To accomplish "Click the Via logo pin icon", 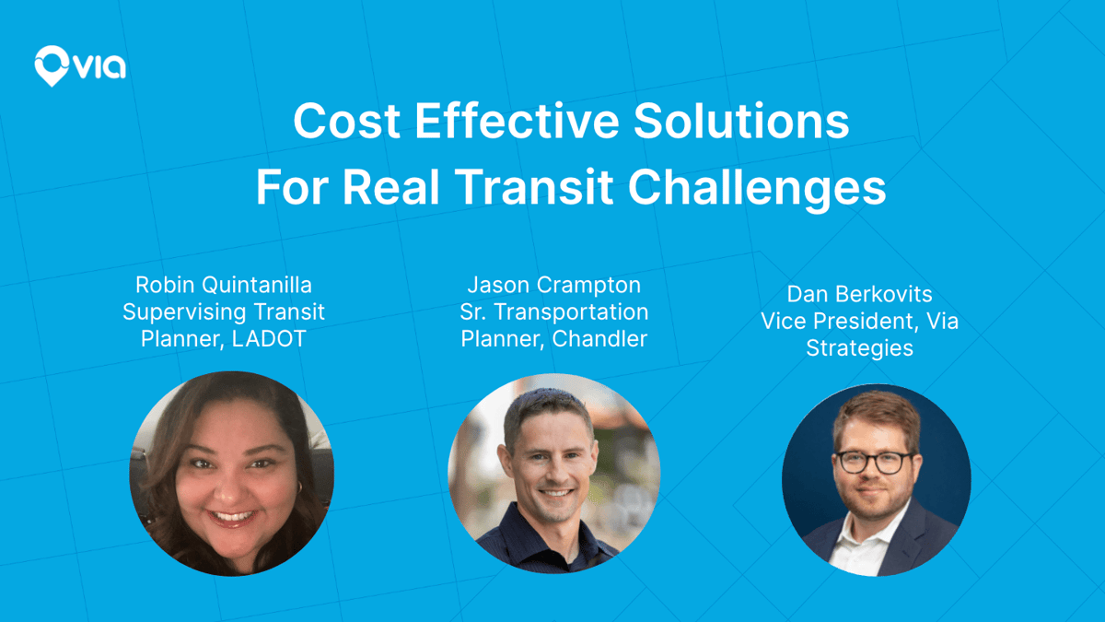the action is point(52,65).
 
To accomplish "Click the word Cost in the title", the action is point(346,121).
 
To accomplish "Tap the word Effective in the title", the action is point(517,121).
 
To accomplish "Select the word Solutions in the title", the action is point(741,121).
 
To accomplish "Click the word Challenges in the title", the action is point(757,190).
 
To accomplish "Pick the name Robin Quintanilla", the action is point(224,285).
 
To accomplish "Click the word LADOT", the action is point(269,339).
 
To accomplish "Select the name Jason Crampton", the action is point(554,285).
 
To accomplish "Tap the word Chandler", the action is point(599,339).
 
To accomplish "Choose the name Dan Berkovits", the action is point(859,294).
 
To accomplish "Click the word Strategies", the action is point(859,348).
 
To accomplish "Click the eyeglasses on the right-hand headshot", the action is point(874,463).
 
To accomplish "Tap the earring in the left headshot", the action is point(299,487).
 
